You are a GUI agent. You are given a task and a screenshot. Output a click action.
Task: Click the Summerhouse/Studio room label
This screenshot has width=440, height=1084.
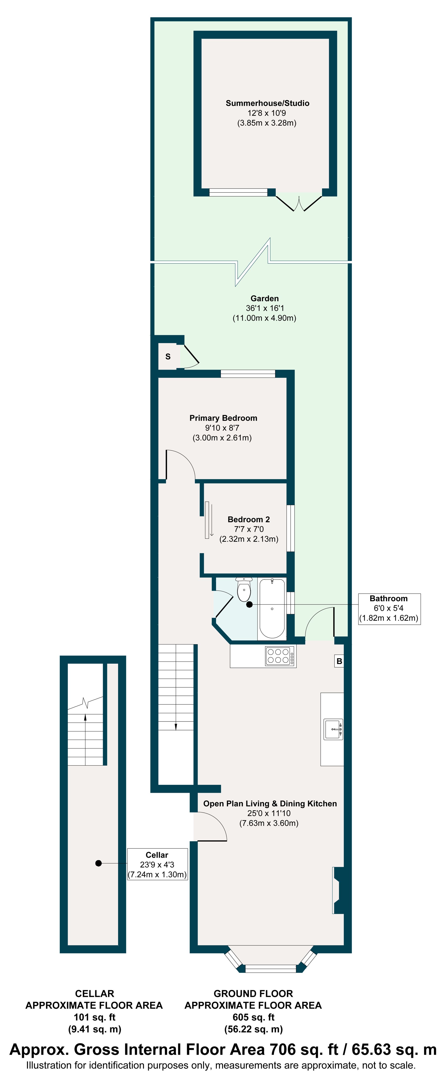(x=267, y=103)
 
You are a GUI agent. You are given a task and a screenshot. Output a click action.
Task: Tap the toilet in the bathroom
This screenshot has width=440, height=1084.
(x=244, y=589)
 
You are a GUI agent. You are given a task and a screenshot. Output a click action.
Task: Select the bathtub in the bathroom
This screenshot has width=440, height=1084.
(x=272, y=608)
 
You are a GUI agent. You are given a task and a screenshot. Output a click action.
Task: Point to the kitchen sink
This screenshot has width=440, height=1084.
(x=334, y=729)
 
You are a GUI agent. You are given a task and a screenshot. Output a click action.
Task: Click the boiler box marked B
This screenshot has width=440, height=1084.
(x=339, y=661)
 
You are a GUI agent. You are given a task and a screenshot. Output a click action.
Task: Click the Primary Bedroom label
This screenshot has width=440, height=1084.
(x=223, y=418)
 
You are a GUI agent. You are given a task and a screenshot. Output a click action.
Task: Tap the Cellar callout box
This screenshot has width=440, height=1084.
(x=157, y=864)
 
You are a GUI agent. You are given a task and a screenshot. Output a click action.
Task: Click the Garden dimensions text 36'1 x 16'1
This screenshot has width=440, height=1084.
(x=265, y=308)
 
